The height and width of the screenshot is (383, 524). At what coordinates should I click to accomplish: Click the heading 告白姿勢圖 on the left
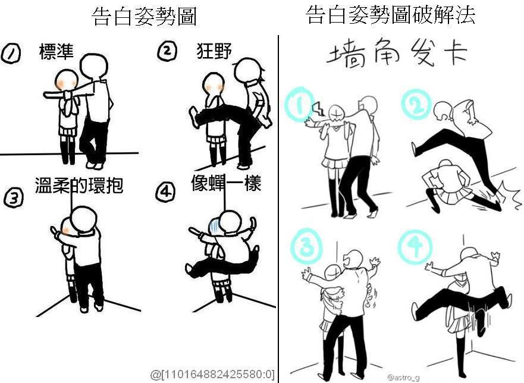[x=144, y=17]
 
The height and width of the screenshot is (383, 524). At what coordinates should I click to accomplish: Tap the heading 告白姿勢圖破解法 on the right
[x=390, y=15]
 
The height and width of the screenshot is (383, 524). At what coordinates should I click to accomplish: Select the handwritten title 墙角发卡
[x=396, y=53]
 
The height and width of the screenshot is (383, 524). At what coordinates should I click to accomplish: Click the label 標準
[x=56, y=52]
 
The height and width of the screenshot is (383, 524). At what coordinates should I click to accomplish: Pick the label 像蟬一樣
[x=226, y=183]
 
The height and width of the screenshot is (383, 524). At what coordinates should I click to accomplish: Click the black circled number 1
[x=11, y=54]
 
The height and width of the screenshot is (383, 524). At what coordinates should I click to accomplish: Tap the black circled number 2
[x=167, y=51]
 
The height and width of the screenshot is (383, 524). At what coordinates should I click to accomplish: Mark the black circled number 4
[x=165, y=191]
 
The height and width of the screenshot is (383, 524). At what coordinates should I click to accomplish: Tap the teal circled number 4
[x=415, y=247]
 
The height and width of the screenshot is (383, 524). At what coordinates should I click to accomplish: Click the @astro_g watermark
[x=403, y=378]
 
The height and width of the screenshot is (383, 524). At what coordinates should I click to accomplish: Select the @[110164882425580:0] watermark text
[x=212, y=374]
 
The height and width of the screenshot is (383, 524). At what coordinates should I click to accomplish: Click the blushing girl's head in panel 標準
[x=67, y=80]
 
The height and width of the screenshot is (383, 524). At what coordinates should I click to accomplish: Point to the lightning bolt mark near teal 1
[x=318, y=109]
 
